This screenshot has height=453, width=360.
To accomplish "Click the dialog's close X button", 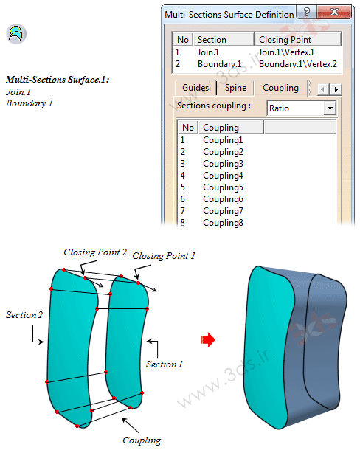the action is click(335, 12).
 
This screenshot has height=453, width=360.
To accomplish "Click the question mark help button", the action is click(307, 12).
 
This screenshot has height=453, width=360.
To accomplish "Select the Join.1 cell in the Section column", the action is click(208, 52).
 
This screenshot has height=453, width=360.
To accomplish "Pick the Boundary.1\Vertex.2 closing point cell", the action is click(298, 64).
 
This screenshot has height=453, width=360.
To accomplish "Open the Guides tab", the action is click(195, 88).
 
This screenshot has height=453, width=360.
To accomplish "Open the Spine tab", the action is click(236, 88).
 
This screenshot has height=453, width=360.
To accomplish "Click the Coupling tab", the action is click(280, 88).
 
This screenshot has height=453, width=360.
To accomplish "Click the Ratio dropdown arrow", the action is click(330, 108).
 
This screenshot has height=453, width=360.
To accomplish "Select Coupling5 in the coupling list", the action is click(223, 187).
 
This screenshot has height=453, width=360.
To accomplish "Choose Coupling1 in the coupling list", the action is click(223, 140).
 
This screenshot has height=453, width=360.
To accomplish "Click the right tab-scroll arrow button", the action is click(336, 89).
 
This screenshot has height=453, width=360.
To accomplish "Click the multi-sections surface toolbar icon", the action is click(16, 34).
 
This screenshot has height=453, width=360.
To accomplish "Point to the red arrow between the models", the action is click(208, 339).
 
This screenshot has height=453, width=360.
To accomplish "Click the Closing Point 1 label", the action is click(164, 256).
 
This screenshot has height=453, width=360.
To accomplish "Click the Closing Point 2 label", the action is click(95, 252).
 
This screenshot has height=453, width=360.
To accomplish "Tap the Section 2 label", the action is click(24, 314).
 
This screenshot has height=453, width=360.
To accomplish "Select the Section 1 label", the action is click(164, 364).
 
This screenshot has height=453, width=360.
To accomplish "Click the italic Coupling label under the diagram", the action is click(142, 440).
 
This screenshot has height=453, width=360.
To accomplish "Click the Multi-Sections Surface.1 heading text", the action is click(58, 80).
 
